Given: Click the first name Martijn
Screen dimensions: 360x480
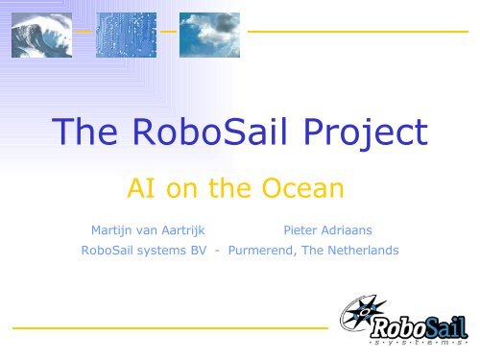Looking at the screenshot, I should [x=113, y=231].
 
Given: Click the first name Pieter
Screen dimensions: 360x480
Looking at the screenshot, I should [x=306, y=231].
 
